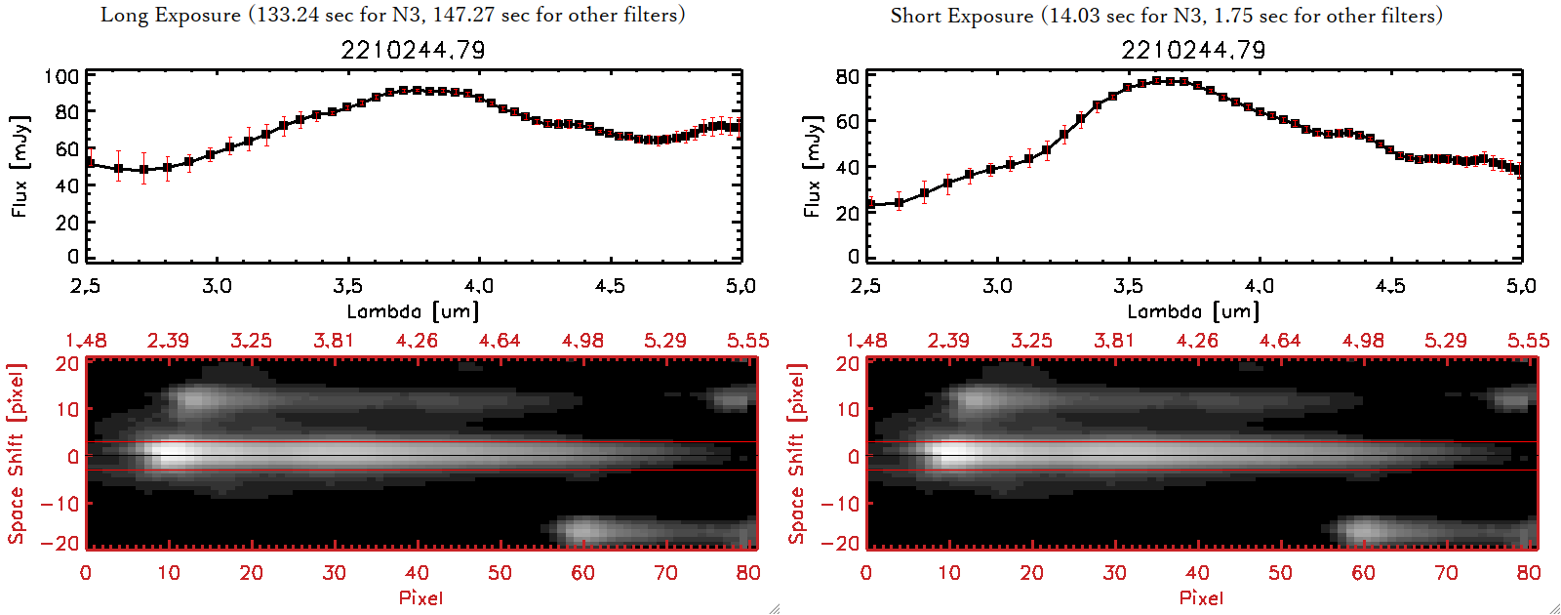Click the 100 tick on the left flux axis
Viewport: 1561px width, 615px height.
tap(61, 76)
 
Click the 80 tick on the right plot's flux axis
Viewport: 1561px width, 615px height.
tap(847, 76)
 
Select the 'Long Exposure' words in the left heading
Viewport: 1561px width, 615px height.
tap(171, 15)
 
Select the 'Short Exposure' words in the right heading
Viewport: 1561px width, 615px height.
tap(961, 16)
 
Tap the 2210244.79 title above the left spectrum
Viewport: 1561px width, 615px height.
tap(413, 50)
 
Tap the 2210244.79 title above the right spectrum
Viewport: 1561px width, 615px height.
tap(1193, 50)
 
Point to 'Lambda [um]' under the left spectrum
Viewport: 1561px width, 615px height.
tap(413, 311)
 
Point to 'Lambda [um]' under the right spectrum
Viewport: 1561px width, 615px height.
tap(1193, 311)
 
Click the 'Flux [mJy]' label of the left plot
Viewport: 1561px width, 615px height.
tap(20, 166)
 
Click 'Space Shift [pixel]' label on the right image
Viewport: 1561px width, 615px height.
tap(797, 454)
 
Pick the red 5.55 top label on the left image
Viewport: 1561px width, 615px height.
tap(747, 341)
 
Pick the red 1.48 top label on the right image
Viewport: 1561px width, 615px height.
tap(866, 341)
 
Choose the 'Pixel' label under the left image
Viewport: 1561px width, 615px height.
tap(420, 597)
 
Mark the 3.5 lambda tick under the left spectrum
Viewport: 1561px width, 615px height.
tap(347, 286)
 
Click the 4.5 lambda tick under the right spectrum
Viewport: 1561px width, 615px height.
tap(1390, 286)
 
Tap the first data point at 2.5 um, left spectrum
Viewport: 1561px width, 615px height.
tap(90, 163)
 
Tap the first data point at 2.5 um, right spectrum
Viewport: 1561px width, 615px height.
tap(870, 205)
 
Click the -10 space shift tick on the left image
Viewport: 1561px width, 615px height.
tap(60, 503)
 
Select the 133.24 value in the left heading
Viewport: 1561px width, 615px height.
tap(285, 15)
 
